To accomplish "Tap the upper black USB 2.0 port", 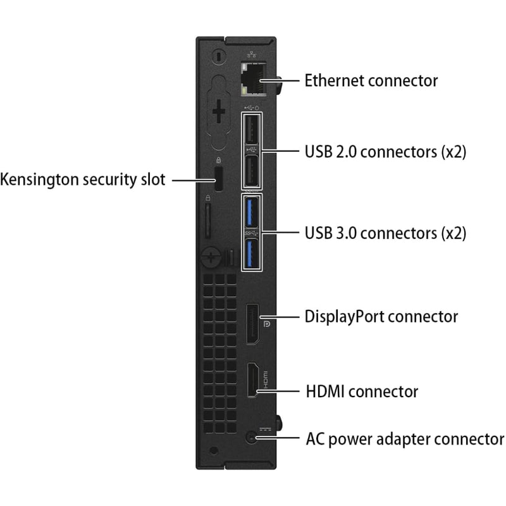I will (250, 132).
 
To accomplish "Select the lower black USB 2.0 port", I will (250, 170).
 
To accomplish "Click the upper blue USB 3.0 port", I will (250, 212).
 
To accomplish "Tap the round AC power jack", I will (254, 436).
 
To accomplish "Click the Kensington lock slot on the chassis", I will (219, 180).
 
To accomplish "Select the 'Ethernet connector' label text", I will (371, 81).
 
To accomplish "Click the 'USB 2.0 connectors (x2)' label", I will (385, 152).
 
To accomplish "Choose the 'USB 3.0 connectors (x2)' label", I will (385, 233).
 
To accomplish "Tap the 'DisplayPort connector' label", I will (381, 316).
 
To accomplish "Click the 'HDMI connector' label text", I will (361, 392).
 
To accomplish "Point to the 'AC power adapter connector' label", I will (405, 438).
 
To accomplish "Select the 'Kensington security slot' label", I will (83, 180).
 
